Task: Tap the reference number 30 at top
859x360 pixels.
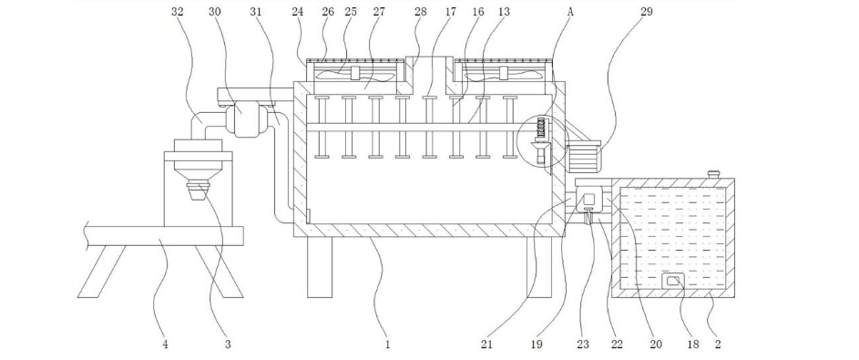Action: pos(215,12)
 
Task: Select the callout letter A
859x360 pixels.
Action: pos(570,12)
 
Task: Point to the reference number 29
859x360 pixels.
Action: pos(647,12)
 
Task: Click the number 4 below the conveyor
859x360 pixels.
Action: pos(165,345)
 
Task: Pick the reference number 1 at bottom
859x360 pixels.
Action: pos(387,345)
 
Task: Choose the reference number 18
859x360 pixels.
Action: pos(693,345)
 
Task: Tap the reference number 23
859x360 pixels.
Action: pos(582,345)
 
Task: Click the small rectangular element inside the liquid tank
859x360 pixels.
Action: pos(674,282)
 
